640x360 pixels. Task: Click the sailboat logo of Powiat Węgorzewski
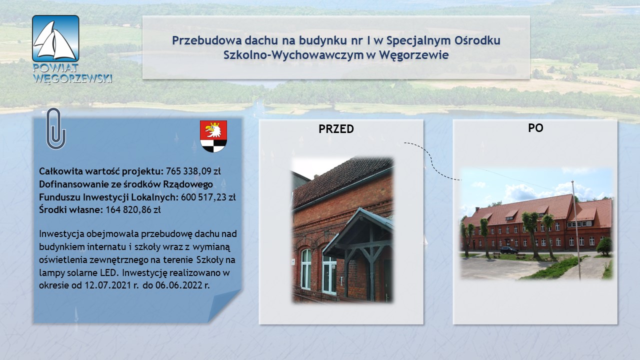pos(55,38)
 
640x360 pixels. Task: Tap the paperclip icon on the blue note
pos(56,128)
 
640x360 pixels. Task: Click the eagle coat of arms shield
pos(213,136)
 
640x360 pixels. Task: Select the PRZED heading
pos(336,129)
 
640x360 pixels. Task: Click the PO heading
pos(535,127)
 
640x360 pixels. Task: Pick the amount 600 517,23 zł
pos(208,197)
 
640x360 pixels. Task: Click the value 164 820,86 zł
pos(133,209)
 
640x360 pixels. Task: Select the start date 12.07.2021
pos(108,285)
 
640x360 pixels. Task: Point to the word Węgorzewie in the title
pos(414,55)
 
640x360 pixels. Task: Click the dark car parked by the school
pos(509,250)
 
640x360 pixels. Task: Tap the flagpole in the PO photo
pos(575,230)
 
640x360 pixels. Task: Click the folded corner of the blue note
pos(224,305)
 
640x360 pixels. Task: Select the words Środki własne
pos(71,209)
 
